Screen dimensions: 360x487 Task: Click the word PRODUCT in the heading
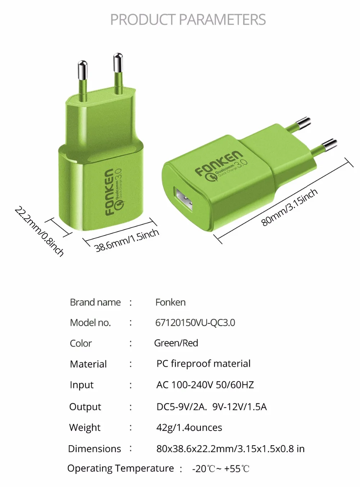click(x=143, y=19)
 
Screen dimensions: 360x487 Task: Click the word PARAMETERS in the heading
click(x=222, y=19)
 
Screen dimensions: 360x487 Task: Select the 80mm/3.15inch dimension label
click(x=289, y=207)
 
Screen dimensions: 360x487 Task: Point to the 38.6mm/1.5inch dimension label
click(x=126, y=240)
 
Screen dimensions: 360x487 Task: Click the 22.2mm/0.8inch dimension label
click(x=39, y=231)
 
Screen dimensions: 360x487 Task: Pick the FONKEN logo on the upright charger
click(x=109, y=192)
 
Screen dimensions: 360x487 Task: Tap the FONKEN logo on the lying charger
click(x=219, y=163)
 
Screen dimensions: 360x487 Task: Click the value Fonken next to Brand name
click(x=170, y=302)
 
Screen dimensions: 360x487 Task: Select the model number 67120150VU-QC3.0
click(x=195, y=323)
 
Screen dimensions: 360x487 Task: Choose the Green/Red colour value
click(x=176, y=343)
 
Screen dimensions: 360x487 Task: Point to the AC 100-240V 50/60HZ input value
click(x=205, y=385)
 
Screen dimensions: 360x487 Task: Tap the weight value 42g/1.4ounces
click(x=189, y=428)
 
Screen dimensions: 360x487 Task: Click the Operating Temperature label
click(x=121, y=468)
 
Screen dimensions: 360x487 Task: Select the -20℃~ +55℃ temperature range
click(x=221, y=469)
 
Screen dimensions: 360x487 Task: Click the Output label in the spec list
click(x=85, y=407)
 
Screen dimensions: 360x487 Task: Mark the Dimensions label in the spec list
click(x=94, y=449)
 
